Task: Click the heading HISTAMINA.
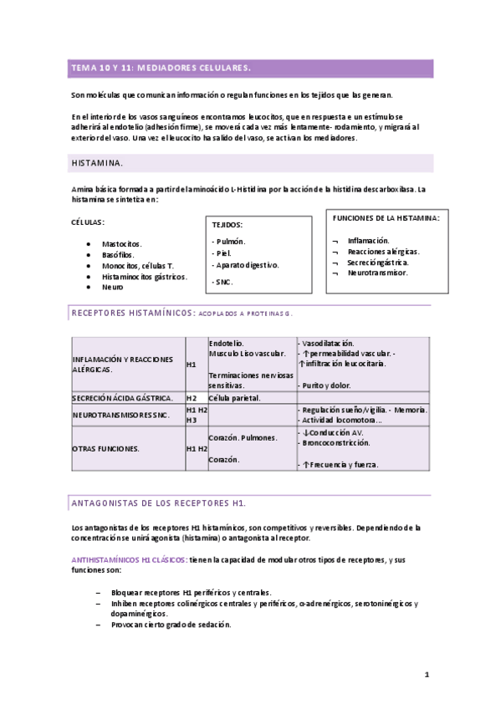point(100,162)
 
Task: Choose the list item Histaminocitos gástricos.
point(145,276)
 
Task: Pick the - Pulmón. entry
point(229,241)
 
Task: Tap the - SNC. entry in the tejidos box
point(222,282)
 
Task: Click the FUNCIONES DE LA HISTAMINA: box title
point(386,217)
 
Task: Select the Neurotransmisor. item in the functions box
point(378,273)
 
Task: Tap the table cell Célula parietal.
point(235,398)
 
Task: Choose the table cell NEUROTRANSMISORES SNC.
point(121,415)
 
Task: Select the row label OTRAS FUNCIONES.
point(106,448)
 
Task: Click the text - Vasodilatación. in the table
point(326,343)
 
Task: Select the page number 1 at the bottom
point(426,674)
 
